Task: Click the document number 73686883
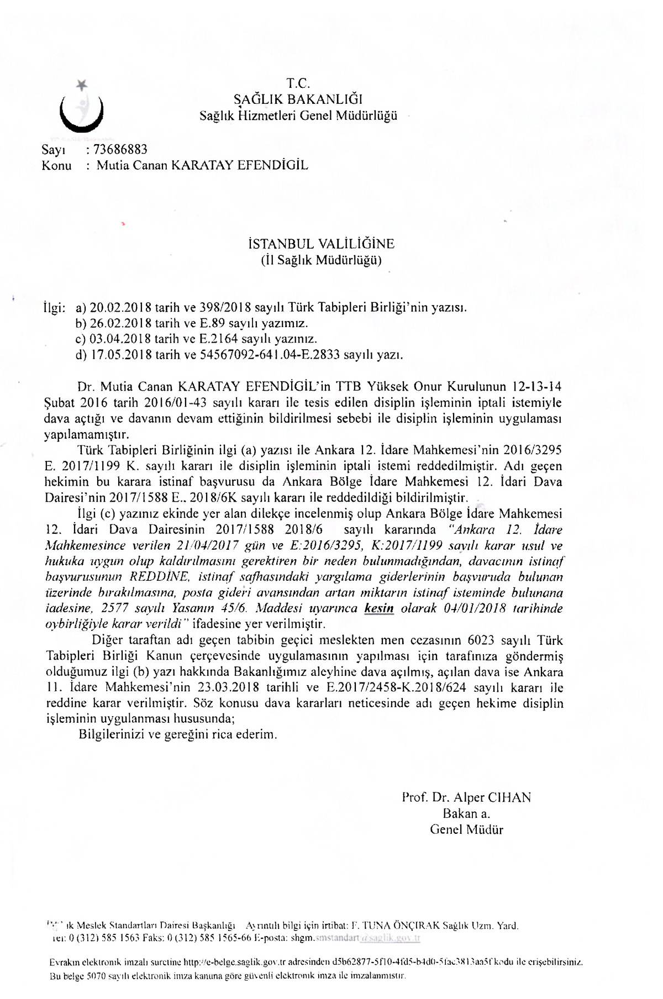point(120,149)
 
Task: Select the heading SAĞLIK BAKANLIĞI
point(298,100)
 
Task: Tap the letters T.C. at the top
point(299,84)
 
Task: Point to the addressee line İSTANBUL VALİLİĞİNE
point(321,244)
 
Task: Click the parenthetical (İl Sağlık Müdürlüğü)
point(321,260)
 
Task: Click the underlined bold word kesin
point(379,609)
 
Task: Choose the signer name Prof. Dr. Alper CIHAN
point(466,797)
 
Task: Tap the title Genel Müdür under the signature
point(466,829)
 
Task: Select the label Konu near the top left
point(57,165)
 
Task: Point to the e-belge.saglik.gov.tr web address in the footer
point(223,962)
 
